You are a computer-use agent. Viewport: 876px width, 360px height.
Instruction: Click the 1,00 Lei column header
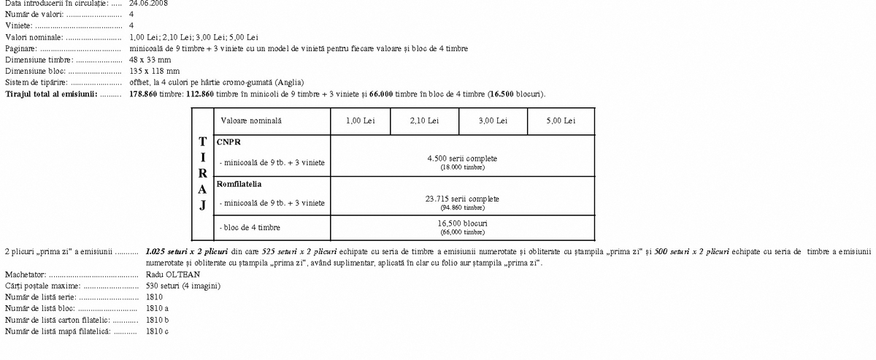pyautogui.click(x=360, y=120)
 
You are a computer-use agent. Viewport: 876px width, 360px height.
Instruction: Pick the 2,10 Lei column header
pyautogui.click(x=424, y=120)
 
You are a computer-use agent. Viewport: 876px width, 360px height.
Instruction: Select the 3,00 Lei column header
pyautogui.click(x=493, y=120)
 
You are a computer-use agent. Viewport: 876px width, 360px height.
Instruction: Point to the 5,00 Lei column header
pyautogui.click(x=560, y=120)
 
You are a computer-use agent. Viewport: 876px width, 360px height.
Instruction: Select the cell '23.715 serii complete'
pyautogui.click(x=463, y=198)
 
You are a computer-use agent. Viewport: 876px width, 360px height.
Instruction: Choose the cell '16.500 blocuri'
pyautogui.click(x=463, y=223)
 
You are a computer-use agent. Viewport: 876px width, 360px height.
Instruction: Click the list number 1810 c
pyautogui.click(x=157, y=332)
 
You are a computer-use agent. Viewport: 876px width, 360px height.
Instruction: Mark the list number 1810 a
pyautogui.click(x=157, y=309)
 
